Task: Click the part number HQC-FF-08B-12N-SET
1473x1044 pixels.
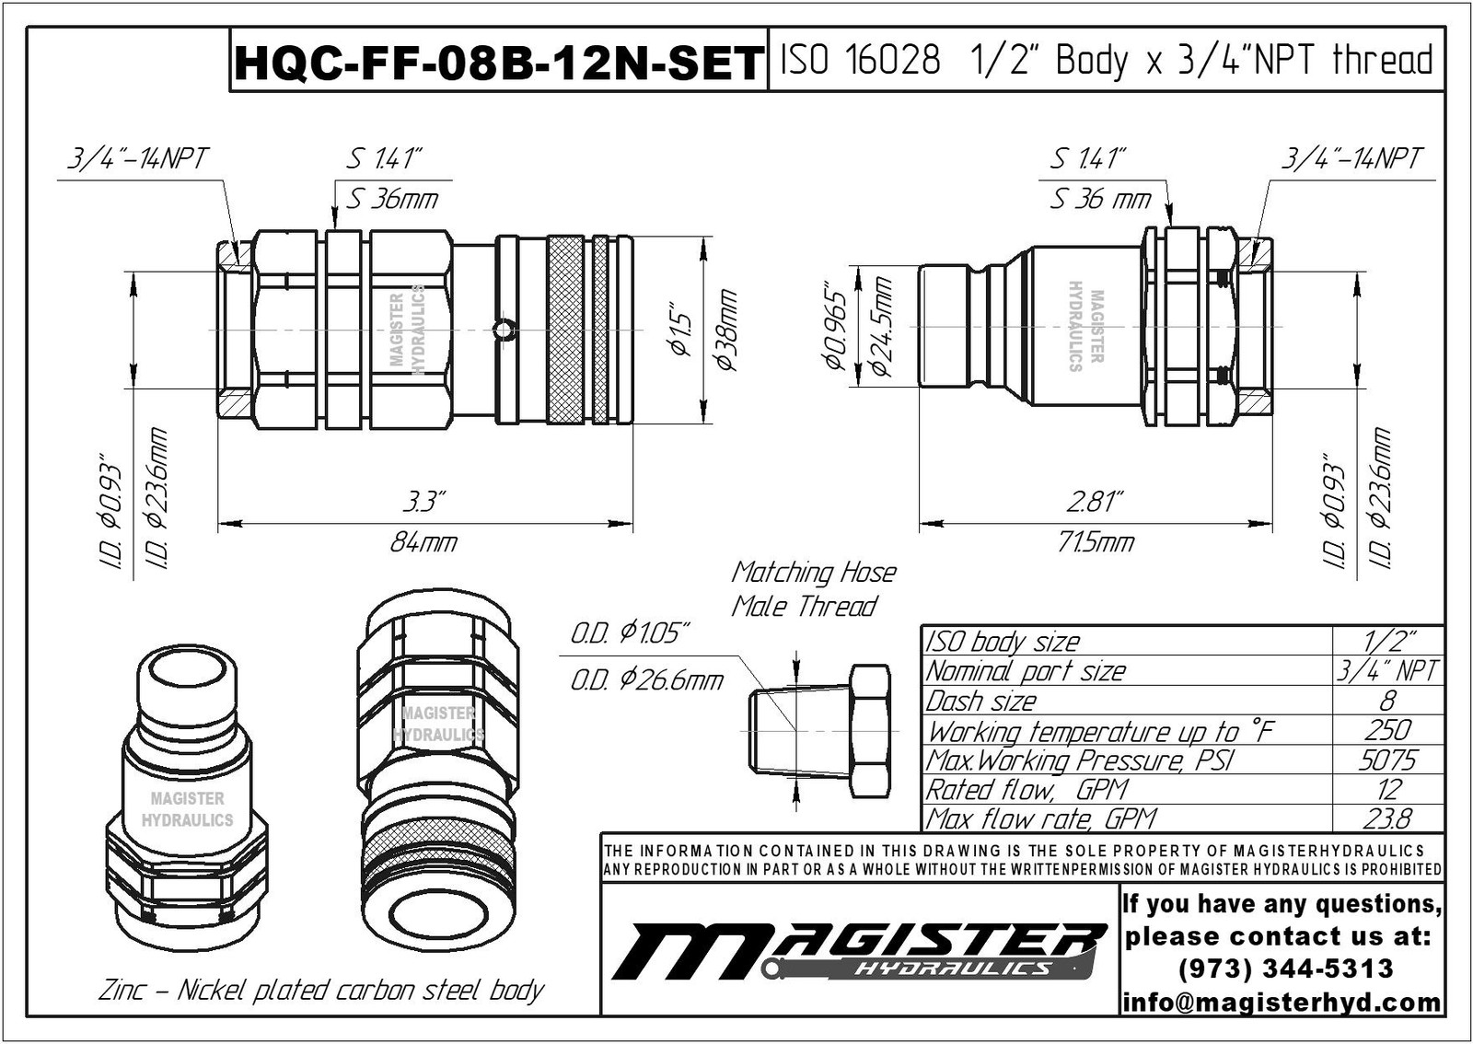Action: (x=498, y=64)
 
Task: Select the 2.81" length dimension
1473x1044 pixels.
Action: (x=1095, y=503)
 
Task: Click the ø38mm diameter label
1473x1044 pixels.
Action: (x=727, y=331)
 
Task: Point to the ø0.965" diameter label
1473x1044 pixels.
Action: (x=834, y=328)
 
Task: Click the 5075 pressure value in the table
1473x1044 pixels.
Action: (x=1387, y=760)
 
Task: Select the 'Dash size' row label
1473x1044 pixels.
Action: (x=981, y=702)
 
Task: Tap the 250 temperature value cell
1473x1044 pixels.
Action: (x=1387, y=731)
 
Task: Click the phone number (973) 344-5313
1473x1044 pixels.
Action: (x=1284, y=969)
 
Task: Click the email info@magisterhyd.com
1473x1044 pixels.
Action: (x=1282, y=1002)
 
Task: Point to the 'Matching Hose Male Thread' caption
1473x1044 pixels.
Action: (x=812, y=589)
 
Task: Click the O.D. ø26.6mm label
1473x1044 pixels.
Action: (x=646, y=681)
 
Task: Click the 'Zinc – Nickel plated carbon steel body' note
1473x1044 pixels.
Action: (x=320, y=991)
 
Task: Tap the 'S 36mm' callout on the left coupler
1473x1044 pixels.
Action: (x=392, y=199)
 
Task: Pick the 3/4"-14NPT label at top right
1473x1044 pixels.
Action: (x=1351, y=158)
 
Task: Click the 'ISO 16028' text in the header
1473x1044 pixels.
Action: (x=860, y=61)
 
